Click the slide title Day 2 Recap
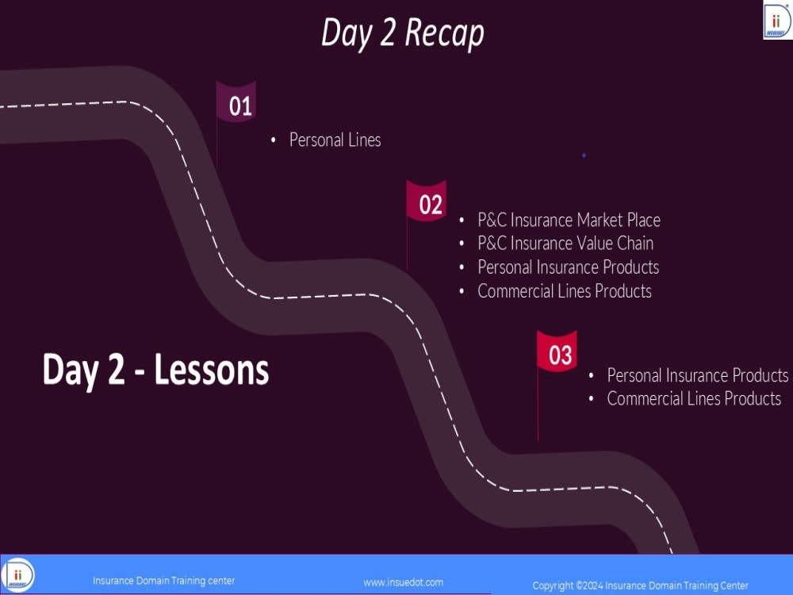403,33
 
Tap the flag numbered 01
236,102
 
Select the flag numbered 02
427,202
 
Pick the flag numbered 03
557,352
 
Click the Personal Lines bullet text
335,140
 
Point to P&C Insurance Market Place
569,220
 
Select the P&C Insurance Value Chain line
565,244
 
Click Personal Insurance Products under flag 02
569,267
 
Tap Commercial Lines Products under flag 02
565,291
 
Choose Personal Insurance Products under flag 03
698,375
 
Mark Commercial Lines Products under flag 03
694,399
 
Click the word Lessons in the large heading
212,370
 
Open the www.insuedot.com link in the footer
403,582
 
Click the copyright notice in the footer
640,585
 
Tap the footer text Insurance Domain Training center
164,581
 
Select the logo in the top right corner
777,20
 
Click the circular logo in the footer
17,574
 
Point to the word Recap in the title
445,33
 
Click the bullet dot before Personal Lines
273,140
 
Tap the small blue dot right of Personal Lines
584,155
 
